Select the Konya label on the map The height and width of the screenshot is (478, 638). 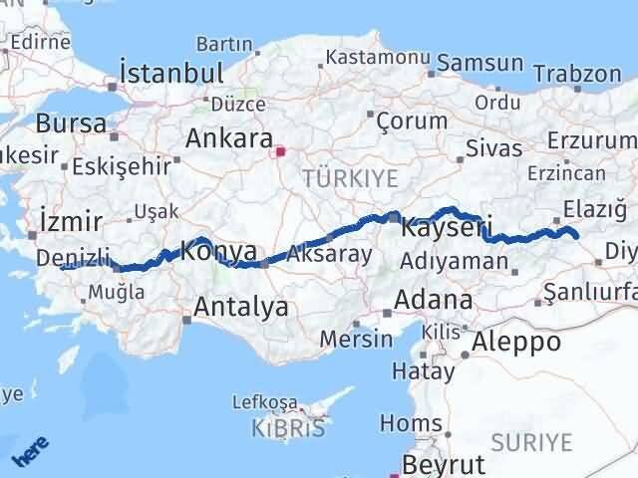coord(218,252)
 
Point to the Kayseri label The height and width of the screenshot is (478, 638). coord(447,228)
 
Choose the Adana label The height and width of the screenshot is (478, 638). coord(433,299)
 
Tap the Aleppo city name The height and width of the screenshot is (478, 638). coord(517,343)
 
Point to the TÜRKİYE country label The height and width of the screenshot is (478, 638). coord(350,178)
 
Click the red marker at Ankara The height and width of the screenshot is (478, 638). coord(281,152)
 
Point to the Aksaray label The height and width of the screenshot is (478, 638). coord(329,254)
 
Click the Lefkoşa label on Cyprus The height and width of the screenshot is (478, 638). coord(264,401)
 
